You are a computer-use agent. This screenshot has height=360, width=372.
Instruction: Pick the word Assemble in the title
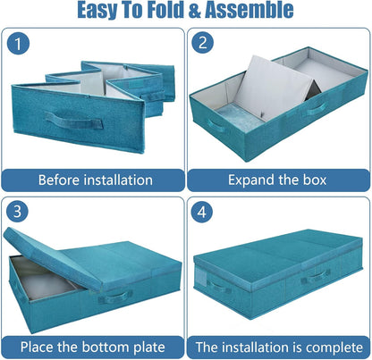tap(257, 12)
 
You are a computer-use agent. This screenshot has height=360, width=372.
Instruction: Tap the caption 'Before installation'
tap(95, 180)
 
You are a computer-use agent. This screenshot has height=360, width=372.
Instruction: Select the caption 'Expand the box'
tap(278, 180)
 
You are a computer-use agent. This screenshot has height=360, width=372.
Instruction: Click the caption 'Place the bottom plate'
tap(94, 346)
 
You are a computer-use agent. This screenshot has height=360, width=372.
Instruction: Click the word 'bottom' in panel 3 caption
tap(112, 346)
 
